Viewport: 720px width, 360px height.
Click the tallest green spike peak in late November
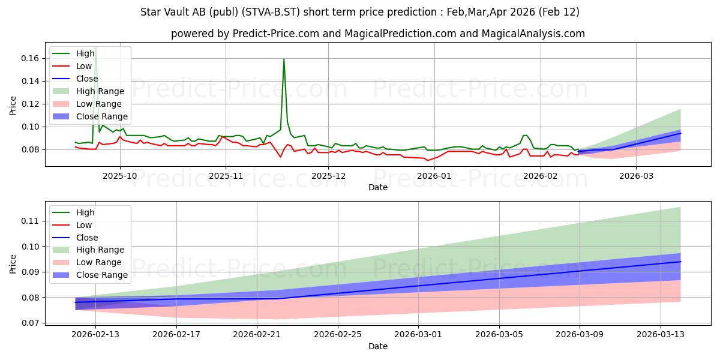coord(284,59)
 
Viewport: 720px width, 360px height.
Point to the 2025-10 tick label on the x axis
coord(120,176)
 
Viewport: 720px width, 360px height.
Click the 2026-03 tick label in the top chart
coord(636,176)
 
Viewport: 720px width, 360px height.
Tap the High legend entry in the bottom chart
coord(85,212)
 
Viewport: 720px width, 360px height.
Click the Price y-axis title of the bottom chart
coord(13,264)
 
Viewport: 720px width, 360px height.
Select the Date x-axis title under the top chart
coord(378,187)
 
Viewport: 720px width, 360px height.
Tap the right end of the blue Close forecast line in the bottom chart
coord(680,262)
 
